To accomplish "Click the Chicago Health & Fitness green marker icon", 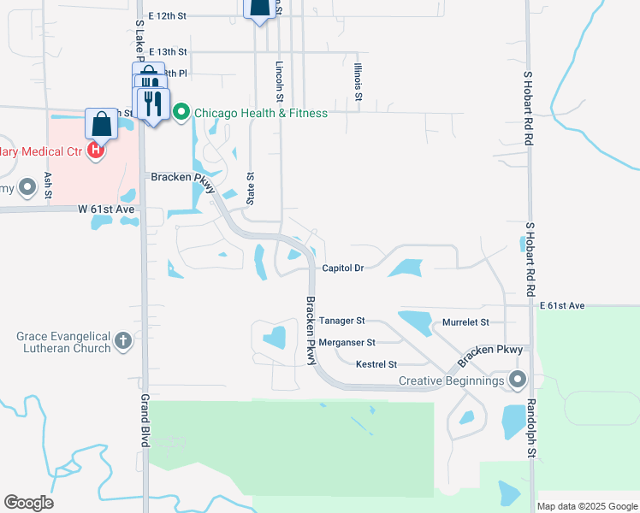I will click(181, 113).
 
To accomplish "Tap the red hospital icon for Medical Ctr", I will click(96, 151).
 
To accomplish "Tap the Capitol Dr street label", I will click(343, 268).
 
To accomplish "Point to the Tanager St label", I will click(341, 321).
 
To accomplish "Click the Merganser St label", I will click(347, 342).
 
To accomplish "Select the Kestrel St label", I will click(376, 364).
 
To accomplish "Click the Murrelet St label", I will click(465, 322).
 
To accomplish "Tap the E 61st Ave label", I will click(561, 305).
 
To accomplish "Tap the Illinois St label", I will click(359, 80).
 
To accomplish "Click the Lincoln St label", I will click(280, 81).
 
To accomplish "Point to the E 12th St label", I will click(166, 15).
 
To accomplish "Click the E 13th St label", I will click(167, 51).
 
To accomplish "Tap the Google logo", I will click(28, 503).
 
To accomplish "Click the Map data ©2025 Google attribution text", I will click(587, 506).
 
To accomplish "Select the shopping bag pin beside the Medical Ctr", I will click(102, 124).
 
